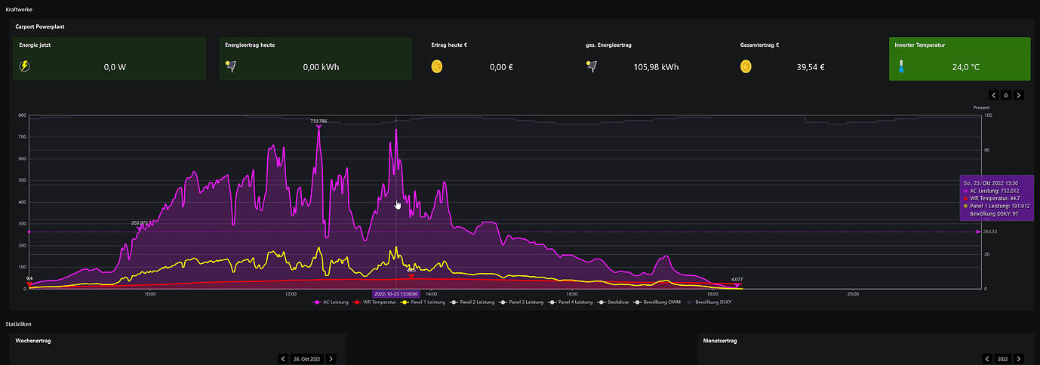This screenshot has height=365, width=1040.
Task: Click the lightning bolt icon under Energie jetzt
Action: click(x=25, y=66)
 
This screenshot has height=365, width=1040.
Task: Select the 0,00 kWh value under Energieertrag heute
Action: click(x=321, y=67)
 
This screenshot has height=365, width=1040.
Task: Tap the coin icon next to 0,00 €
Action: click(x=437, y=66)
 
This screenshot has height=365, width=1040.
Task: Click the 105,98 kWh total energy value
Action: click(x=656, y=67)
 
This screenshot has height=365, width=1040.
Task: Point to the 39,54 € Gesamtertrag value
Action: click(x=811, y=67)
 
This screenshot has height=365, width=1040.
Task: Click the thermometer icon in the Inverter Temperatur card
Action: click(x=900, y=67)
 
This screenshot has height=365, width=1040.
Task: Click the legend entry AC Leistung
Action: click(x=332, y=302)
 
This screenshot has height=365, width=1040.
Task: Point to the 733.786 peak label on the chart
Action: click(x=318, y=121)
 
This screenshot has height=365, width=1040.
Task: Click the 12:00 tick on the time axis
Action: click(x=291, y=294)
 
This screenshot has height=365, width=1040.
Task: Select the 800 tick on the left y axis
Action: click(x=23, y=116)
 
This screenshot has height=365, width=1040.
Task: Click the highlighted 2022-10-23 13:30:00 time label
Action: click(x=396, y=294)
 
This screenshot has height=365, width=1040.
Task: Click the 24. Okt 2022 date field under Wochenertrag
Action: click(x=306, y=359)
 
